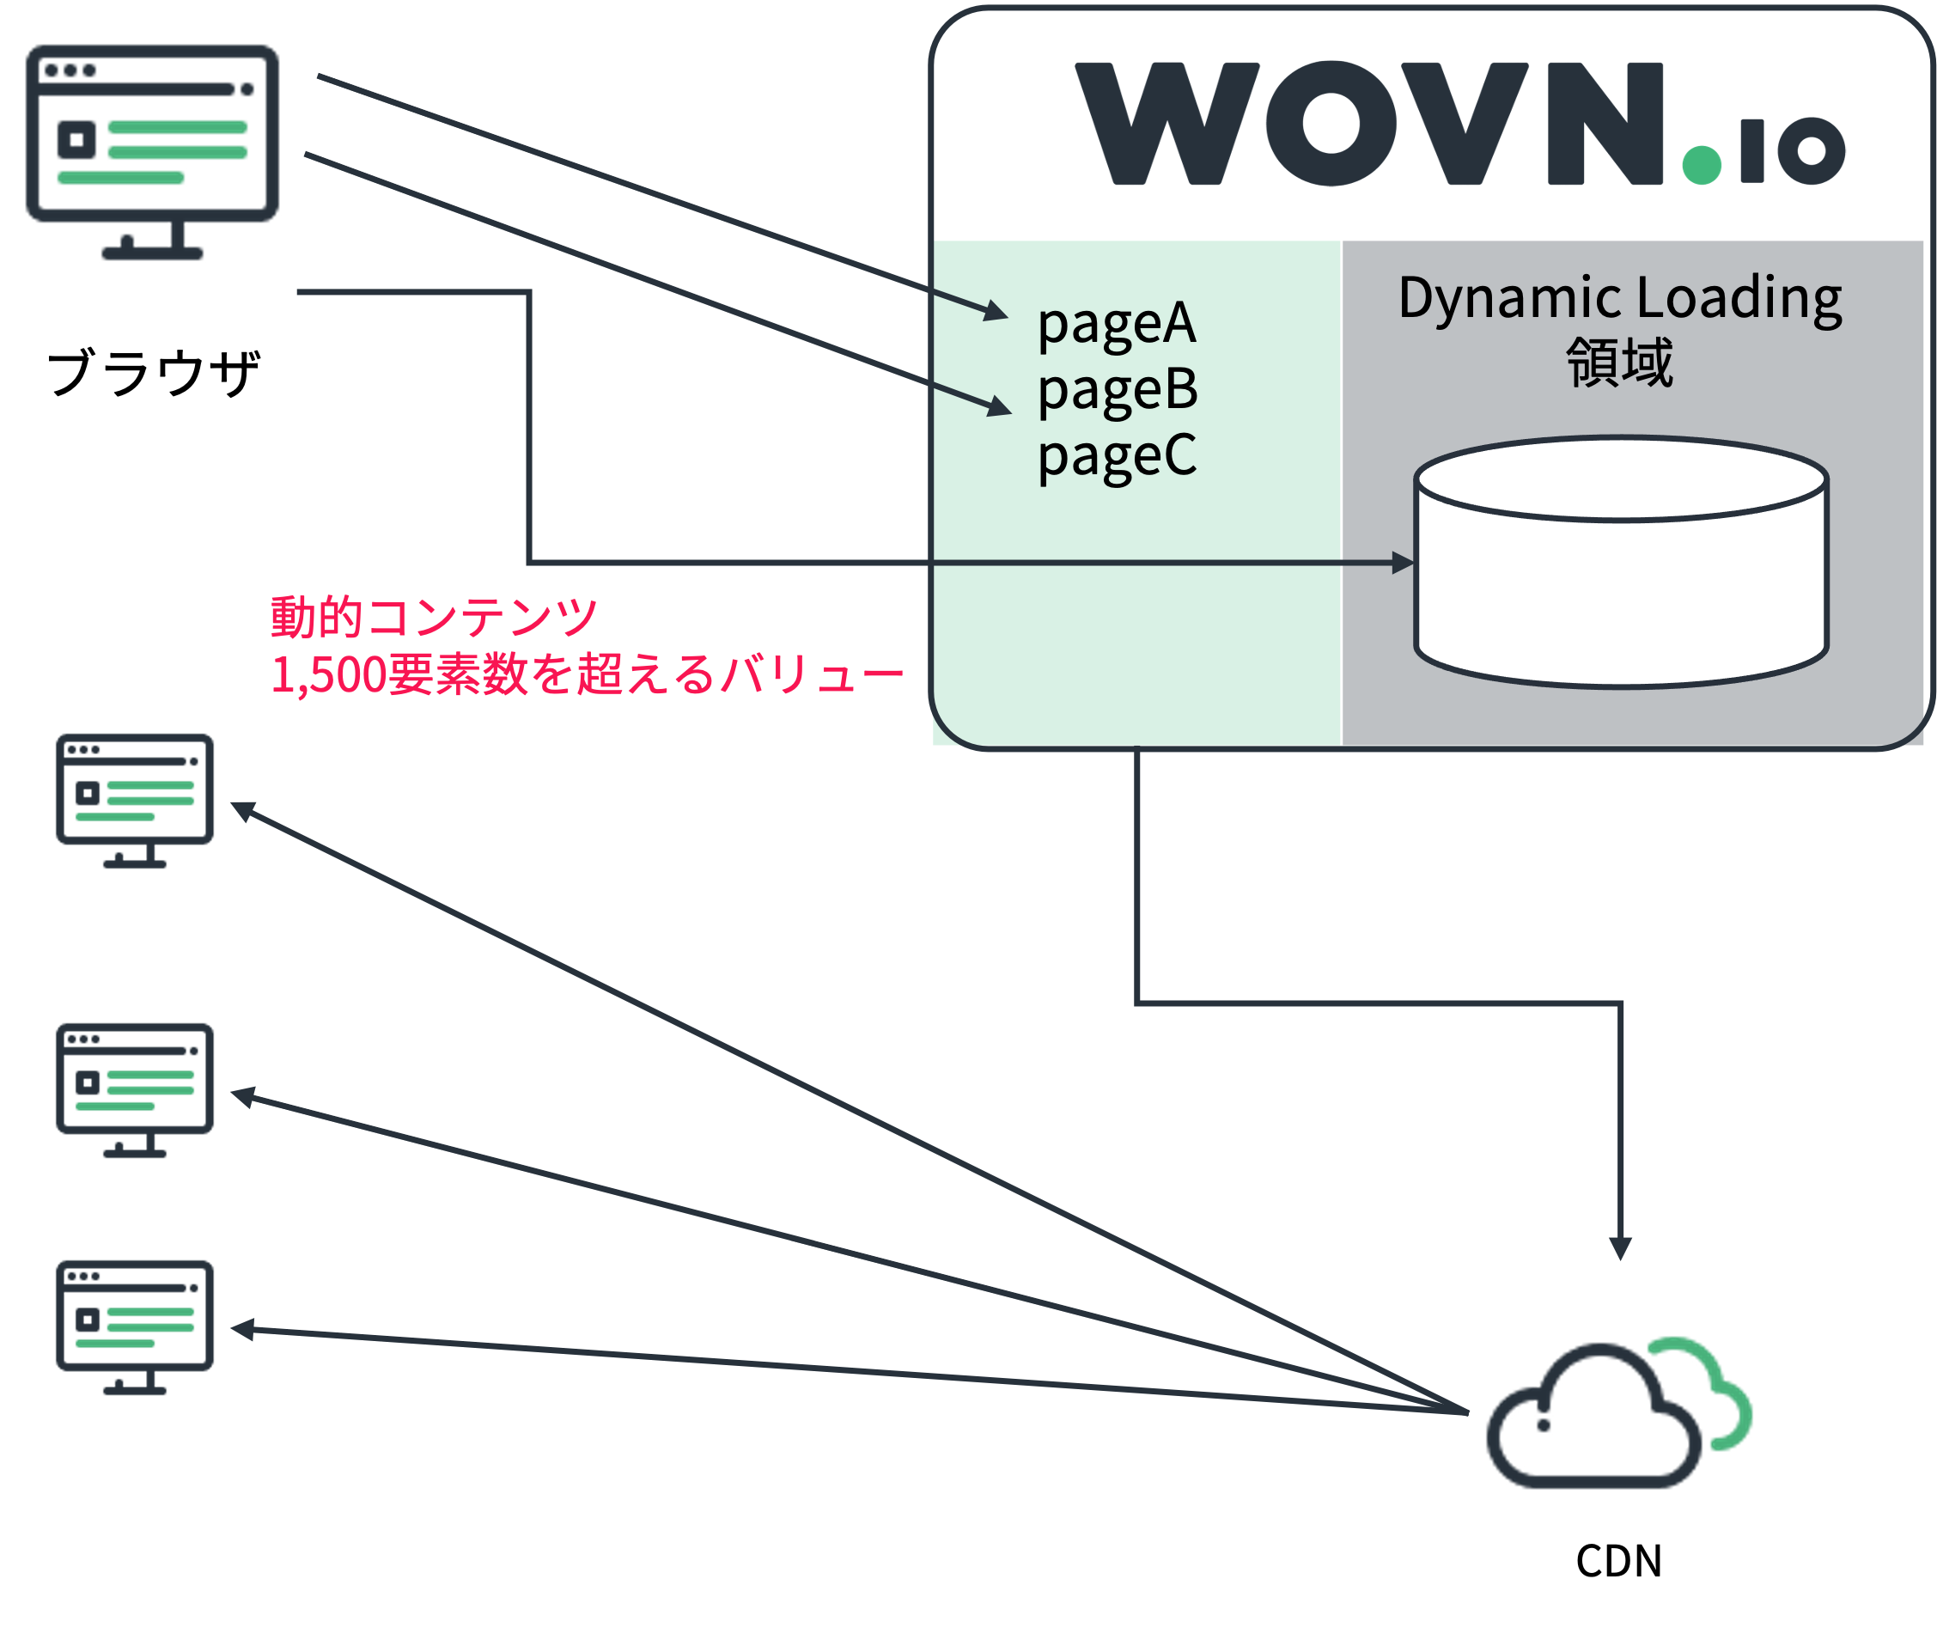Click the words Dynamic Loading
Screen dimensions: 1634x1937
pyautogui.click(x=1619, y=299)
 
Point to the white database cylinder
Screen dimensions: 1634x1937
pyautogui.click(x=1621, y=575)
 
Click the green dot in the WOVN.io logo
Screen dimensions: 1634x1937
pyautogui.click(x=1701, y=165)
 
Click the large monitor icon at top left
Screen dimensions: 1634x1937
pyautogui.click(x=152, y=149)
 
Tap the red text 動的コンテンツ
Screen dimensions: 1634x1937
pyautogui.click(x=434, y=618)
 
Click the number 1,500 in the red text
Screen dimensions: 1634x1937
pyautogui.click(x=328, y=675)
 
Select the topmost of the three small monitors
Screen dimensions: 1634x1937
pyautogui.click(x=135, y=798)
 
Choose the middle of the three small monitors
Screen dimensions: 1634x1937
pyautogui.click(x=135, y=1088)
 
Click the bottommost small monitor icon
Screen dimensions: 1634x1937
pyautogui.click(x=135, y=1326)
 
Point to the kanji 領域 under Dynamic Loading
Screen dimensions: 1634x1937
pyautogui.click(x=1619, y=363)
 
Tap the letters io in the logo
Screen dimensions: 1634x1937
pyautogui.click(x=1793, y=151)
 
